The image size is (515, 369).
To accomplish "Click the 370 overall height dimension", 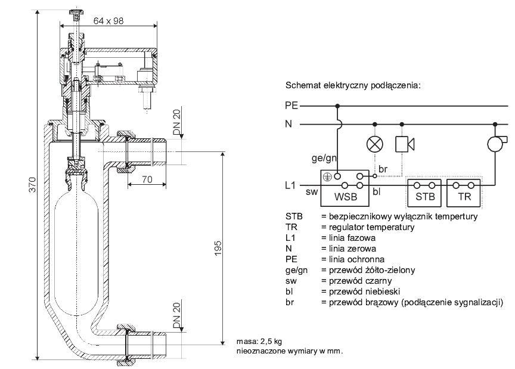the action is (33, 185).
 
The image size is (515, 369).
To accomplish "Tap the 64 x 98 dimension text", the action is (108, 21).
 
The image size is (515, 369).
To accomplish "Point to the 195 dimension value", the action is (218, 249).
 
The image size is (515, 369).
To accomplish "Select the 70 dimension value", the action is (147, 179).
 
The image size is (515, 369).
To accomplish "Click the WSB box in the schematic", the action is (345, 188).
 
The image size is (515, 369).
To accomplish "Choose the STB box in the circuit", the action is (424, 193).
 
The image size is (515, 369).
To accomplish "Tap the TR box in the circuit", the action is (464, 193).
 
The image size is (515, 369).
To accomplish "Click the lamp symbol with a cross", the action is (375, 144).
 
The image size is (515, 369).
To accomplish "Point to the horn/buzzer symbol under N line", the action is (404, 144).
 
